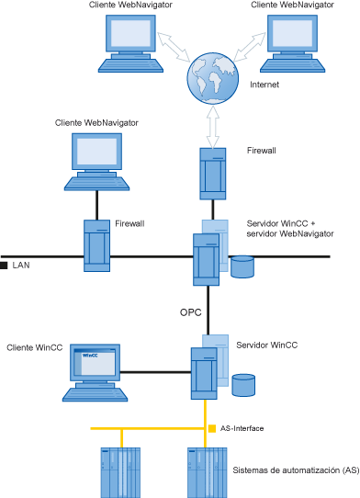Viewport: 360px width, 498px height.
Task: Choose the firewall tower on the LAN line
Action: tap(97, 244)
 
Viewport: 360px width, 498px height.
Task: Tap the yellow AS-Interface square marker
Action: tap(212, 428)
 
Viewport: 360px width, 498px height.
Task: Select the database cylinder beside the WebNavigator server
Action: tap(242, 266)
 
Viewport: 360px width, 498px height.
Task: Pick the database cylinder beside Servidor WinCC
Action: tap(243, 384)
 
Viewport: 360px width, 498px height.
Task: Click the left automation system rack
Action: tap(117, 471)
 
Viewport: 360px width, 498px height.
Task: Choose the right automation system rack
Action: tap(207, 471)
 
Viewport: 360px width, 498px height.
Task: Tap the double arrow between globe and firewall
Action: tap(212, 126)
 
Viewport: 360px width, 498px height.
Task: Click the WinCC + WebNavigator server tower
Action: tap(206, 259)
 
